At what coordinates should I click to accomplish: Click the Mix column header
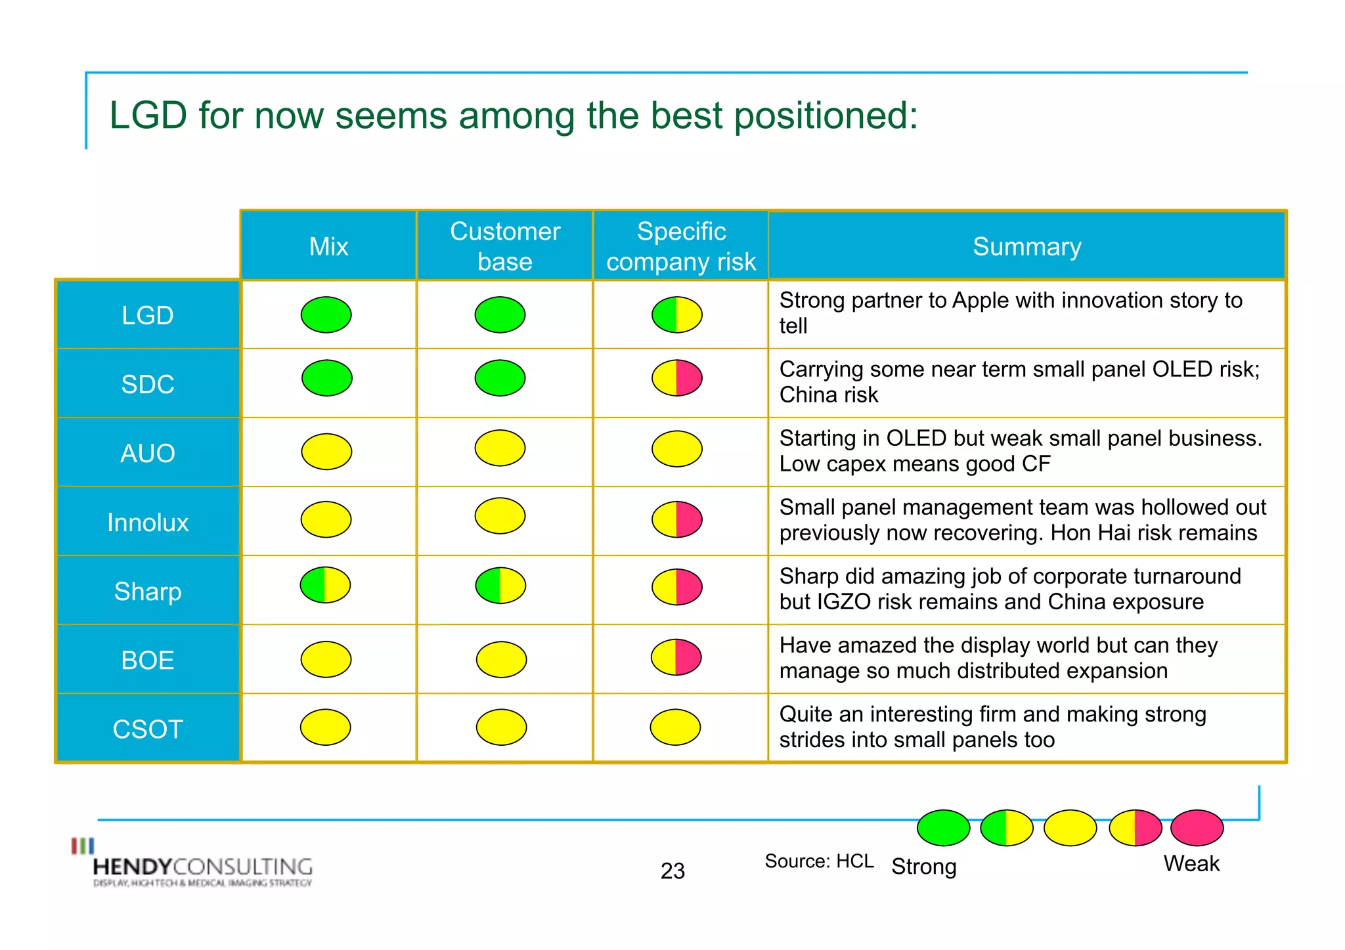tap(328, 247)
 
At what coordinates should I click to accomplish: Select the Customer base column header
tap(504, 247)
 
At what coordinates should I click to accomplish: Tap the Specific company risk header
tap(681, 247)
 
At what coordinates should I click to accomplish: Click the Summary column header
tap(1026, 247)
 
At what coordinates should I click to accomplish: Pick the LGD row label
tap(148, 315)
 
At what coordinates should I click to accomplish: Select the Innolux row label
tap(148, 523)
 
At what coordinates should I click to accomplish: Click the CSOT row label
tap(148, 729)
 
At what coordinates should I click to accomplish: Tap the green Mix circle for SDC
tap(326, 378)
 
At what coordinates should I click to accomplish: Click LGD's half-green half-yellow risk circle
tap(676, 315)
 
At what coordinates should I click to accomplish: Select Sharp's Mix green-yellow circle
tap(325, 585)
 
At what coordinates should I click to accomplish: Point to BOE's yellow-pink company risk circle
tap(676, 657)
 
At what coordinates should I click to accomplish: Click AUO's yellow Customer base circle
tap(500, 448)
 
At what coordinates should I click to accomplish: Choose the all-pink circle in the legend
tap(1197, 828)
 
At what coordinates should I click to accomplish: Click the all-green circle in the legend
tap(943, 828)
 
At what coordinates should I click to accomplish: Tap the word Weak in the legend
tap(1191, 863)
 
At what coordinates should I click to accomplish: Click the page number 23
tap(672, 871)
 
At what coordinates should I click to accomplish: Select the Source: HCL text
tap(819, 861)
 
